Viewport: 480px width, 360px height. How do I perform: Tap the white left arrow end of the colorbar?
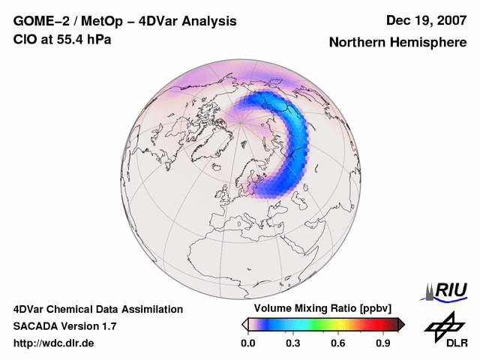click(244, 324)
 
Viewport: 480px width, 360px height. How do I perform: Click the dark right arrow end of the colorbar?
click(401, 324)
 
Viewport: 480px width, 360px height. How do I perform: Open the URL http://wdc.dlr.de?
click(53, 343)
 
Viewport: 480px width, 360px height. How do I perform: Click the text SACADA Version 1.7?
click(64, 326)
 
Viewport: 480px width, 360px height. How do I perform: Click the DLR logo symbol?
click(443, 325)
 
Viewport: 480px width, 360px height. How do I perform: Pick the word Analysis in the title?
click(211, 21)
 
